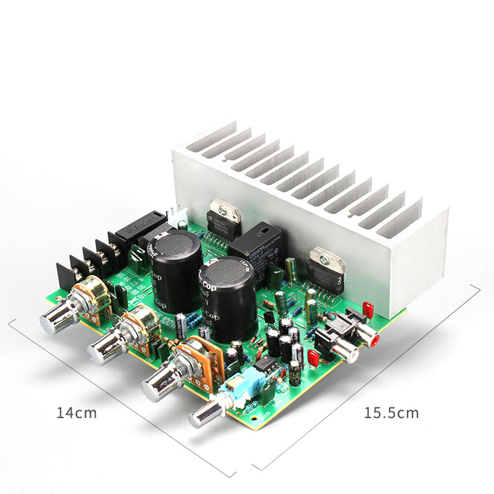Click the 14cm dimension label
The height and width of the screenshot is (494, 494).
click(76, 412)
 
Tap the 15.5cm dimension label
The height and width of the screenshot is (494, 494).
click(391, 412)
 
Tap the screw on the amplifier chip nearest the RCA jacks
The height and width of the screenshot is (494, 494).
click(325, 259)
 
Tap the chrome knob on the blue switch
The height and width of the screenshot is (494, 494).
click(202, 415)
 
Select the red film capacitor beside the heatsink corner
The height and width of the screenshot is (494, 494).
click(368, 310)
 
